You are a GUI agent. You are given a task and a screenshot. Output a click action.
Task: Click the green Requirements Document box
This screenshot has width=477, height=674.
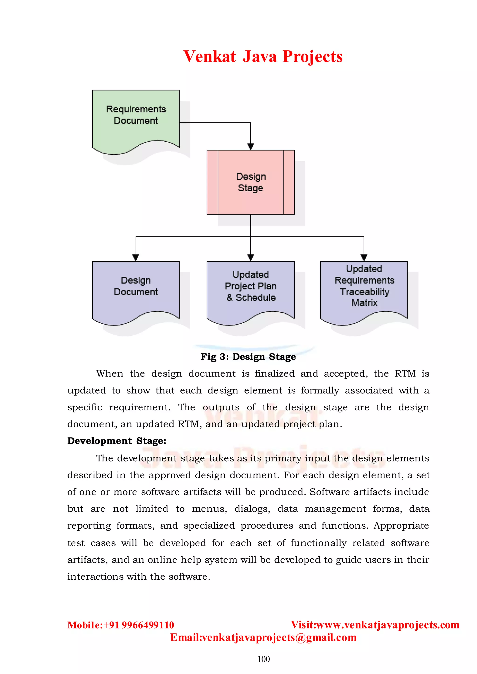pyautogui.click(x=136, y=120)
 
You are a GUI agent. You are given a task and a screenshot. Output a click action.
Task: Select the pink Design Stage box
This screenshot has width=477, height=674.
pyautogui.click(x=251, y=182)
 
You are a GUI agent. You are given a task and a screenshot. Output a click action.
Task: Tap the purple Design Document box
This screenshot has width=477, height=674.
pyautogui.click(x=136, y=289)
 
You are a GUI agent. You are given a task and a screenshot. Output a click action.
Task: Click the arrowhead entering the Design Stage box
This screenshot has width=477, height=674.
pyautogui.click(x=251, y=146)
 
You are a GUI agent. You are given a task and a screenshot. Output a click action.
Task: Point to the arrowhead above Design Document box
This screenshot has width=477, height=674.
pyautogui.click(x=136, y=257)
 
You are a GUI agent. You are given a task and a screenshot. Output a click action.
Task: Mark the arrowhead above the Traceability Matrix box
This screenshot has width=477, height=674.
pyautogui.click(x=364, y=257)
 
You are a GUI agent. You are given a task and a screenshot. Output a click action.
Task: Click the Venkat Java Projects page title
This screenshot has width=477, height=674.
pyautogui.click(x=263, y=56)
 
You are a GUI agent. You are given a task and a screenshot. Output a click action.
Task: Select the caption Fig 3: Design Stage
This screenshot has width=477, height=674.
pyautogui.click(x=248, y=357)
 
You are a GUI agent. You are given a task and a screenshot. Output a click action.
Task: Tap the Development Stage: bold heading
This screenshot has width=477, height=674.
pyautogui.click(x=117, y=441)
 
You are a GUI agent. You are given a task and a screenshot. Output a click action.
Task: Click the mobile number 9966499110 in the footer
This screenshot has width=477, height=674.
pyautogui.click(x=148, y=625)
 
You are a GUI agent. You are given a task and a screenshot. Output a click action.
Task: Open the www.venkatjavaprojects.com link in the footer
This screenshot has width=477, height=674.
pyautogui.click(x=388, y=625)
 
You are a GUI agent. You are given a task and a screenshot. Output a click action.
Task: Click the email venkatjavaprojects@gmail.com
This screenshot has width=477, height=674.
pyautogui.click(x=279, y=637)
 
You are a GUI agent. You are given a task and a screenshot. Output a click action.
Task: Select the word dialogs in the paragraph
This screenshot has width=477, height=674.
pyautogui.click(x=252, y=509)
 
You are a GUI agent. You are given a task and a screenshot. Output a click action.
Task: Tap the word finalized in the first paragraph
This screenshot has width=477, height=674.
pyautogui.click(x=275, y=373)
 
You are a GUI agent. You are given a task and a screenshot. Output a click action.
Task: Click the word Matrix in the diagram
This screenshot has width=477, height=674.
pyautogui.click(x=364, y=303)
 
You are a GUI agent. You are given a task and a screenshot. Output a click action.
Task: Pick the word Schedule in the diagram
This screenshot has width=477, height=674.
pyautogui.click(x=256, y=298)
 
